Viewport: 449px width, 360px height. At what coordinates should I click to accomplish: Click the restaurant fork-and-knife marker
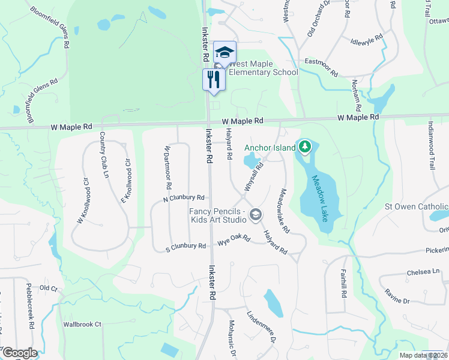[214, 79]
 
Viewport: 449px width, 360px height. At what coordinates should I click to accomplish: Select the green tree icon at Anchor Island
[305, 146]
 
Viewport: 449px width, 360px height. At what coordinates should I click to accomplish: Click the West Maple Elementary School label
[264, 68]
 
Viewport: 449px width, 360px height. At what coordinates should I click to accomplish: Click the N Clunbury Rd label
[184, 197]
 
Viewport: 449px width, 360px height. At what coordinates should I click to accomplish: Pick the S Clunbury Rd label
[186, 246]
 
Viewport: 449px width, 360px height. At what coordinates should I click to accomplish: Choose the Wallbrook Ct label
[83, 325]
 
